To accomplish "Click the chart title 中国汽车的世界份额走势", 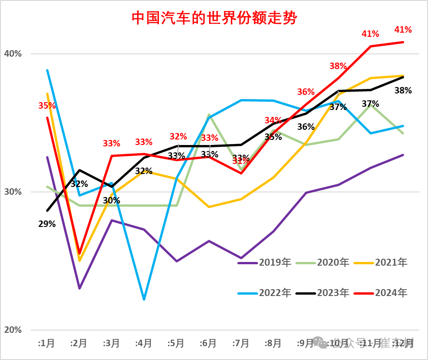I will (x=214, y=18).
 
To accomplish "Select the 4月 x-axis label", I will (x=144, y=343).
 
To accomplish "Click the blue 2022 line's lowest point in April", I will (x=144, y=300).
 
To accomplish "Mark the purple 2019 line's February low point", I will (x=79, y=289).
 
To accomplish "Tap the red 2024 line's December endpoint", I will (x=404, y=42).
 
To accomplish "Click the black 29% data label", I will (x=47, y=224).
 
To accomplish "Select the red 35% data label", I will (x=47, y=106).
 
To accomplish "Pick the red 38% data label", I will (x=338, y=66).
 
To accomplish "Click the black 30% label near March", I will (x=111, y=201).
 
